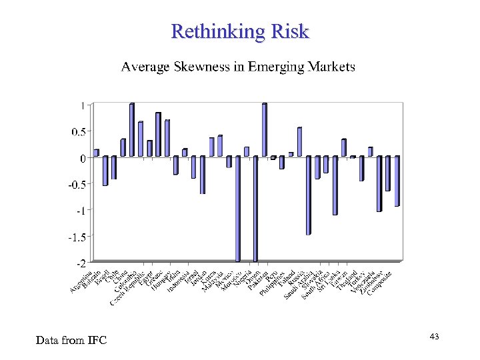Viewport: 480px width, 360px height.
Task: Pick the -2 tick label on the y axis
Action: pyautogui.click(x=80, y=263)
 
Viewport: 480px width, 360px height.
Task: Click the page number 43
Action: pyautogui.click(x=434, y=337)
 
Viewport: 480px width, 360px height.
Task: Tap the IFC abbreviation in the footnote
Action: pyautogui.click(x=95, y=341)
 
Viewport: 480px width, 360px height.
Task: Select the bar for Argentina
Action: pyautogui.click(x=96, y=153)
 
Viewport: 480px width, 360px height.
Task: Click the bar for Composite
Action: pyautogui.click(x=397, y=181)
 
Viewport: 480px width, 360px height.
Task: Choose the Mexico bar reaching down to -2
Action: pyautogui.click(x=238, y=209)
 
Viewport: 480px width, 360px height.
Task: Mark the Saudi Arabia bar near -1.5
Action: pyautogui.click(x=309, y=195)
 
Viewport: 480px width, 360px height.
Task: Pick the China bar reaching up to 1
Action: pyautogui.click(x=131, y=131)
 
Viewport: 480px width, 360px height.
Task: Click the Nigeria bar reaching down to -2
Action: pyautogui.click(x=255, y=209)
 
